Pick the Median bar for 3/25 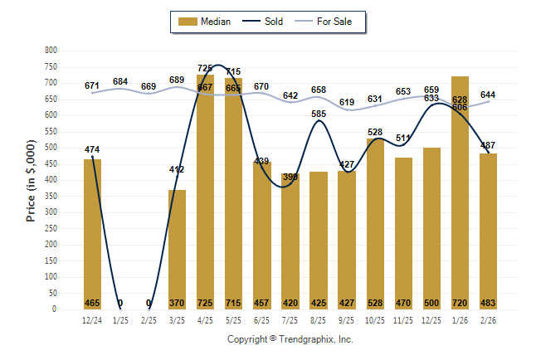(x=177, y=249)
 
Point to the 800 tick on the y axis (x=51, y=51)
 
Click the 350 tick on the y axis (x=51, y=197)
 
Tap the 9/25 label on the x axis (x=346, y=320)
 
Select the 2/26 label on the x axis (x=488, y=320)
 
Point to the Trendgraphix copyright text (x=290, y=339)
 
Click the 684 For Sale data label (x=120, y=81)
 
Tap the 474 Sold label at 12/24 (x=92, y=149)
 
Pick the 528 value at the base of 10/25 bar (x=374, y=303)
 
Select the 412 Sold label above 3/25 (x=177, y=169)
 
